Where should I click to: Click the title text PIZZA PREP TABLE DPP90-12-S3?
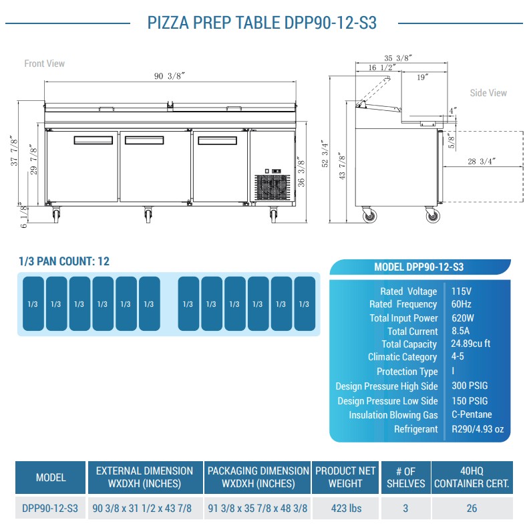coord(262,23)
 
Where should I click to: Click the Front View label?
coord(45,63)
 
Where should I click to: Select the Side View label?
coord(488,93)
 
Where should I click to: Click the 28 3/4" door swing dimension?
coord(481,162)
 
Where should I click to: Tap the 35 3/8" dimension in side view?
coord(398,58)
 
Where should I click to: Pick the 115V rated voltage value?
coord(461,291)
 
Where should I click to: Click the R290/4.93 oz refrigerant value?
coord(477,429)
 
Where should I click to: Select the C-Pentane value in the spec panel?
coord(472,415)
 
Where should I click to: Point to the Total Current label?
coord(412,332)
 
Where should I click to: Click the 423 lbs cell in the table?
coord(346,508)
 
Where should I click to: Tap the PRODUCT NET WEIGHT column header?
coord(346,477)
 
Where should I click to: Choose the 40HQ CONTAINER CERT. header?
coord(472,477)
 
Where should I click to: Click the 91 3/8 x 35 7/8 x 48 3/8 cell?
coord(258,508)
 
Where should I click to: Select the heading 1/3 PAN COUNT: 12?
coord(64,261)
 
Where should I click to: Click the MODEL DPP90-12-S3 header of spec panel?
coord(419,267)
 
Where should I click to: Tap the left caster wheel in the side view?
coord(368,216)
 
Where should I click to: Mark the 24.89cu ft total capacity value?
coord(471,344)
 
